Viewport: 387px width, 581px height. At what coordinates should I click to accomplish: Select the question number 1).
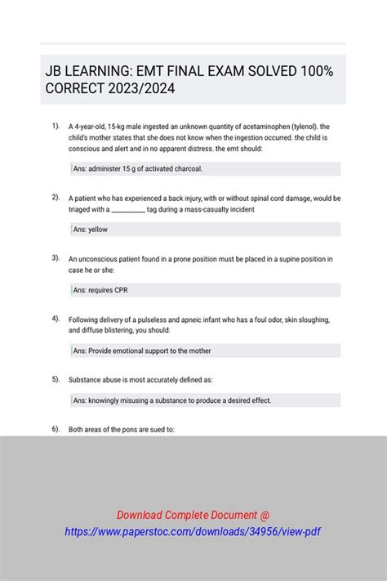56,126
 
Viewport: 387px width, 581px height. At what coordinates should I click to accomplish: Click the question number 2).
56,197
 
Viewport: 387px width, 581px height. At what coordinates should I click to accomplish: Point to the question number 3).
56,257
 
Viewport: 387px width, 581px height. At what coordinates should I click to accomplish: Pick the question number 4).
56,318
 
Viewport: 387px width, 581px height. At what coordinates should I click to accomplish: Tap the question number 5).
56,379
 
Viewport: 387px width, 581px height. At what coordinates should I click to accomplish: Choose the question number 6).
56,428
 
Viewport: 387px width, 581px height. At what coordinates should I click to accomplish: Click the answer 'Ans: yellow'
91,230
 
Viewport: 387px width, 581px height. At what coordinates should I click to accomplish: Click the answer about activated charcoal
137,169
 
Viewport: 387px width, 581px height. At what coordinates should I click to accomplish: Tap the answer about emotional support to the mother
142,351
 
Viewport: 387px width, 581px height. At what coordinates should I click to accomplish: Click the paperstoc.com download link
193,531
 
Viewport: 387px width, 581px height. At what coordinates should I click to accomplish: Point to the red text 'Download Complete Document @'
193,515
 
